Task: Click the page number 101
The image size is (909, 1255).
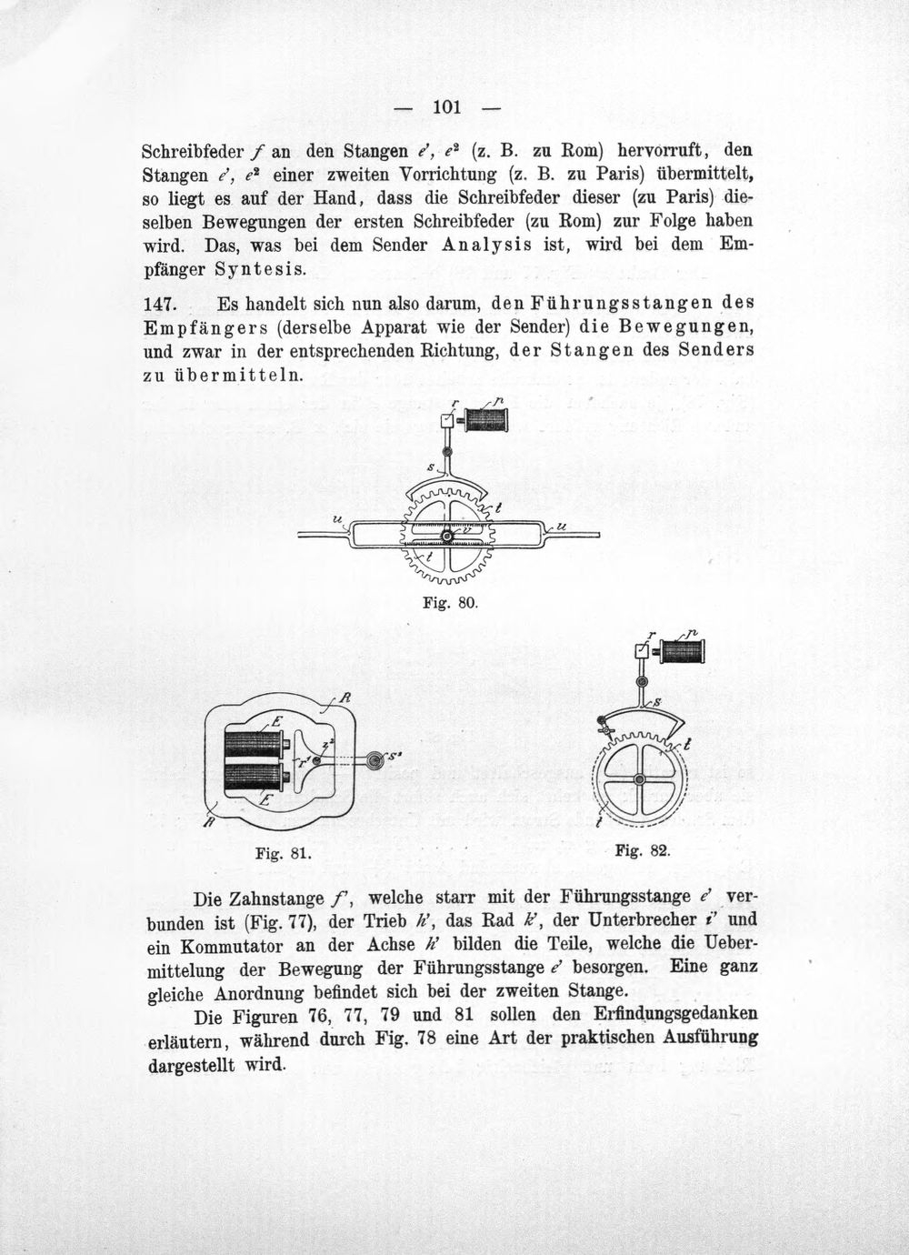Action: click(447, 106)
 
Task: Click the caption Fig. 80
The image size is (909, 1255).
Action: click(450, 604)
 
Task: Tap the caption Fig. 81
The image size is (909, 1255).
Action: click(283, 854)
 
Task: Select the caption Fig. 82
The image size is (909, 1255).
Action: click(643, 851)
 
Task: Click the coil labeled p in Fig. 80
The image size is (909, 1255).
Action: click(485, 419)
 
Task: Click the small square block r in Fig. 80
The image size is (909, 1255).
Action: click(447, 420)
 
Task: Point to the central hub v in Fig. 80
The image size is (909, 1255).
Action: click(446, 537)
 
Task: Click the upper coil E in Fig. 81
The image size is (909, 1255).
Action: click(256, 744)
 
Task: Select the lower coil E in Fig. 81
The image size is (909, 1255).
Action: click(256, 777)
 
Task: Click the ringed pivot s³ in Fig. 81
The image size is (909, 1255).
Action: click(374, 759)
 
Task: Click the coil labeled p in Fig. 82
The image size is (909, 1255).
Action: click(682, 651)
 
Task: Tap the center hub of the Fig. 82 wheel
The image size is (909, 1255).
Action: click(640, 780)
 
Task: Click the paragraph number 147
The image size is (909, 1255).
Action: click(160, 305)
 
